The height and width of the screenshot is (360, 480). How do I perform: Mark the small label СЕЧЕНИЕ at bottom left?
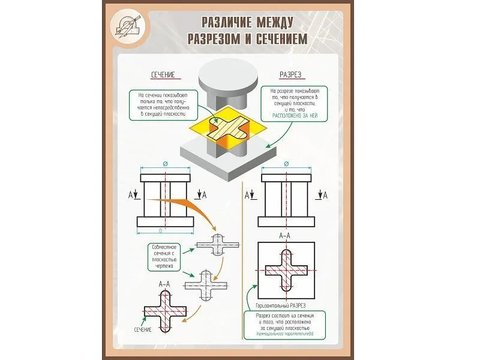click(142, 329)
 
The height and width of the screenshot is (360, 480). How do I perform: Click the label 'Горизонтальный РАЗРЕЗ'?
click(277, 305)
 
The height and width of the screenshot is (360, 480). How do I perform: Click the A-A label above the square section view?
click(286, 237)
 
